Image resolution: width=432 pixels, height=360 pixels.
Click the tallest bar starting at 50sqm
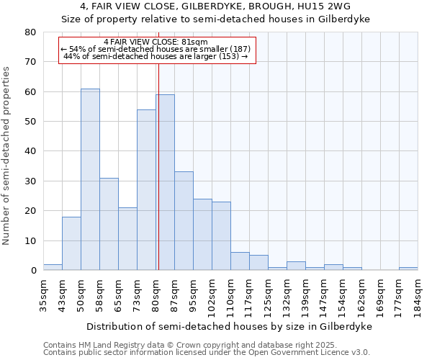click(90, 179)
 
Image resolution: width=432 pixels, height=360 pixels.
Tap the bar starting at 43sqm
click(71, 243)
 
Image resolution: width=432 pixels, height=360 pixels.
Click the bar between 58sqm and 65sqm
click(109, 224)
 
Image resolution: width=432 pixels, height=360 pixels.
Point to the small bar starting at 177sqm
click(408, 269)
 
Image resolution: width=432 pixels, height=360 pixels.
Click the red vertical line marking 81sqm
click(158, 166)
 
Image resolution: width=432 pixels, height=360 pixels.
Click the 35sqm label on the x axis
click(43, 295)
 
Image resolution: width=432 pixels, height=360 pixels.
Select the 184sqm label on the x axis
click(418, 295)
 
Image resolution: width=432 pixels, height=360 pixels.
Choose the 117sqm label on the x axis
click(249, 295)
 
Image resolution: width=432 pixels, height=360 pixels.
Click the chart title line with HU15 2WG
click(215, 6)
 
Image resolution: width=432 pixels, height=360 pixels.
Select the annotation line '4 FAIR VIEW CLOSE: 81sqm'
click(156, 42)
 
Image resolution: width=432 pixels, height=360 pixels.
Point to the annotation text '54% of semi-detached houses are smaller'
click(156, 49)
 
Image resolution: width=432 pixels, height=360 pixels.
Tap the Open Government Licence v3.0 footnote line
click(206, 352)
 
